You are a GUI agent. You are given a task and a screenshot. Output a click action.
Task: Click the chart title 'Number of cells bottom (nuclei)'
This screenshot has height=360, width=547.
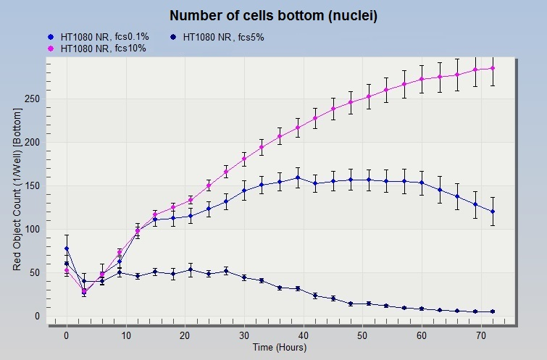pos(273,15)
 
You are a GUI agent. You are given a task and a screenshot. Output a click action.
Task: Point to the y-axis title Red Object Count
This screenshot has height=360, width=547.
pos(17,190)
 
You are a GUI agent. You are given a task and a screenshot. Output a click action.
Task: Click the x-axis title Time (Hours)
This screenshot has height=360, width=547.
pos(279,348)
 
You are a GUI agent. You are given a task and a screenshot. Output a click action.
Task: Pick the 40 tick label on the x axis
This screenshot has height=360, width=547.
pos(304,336)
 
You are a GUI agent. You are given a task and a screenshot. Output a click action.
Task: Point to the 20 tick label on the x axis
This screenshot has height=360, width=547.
pos(185,336)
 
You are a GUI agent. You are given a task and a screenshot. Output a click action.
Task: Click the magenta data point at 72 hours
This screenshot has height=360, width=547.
pos(493,68)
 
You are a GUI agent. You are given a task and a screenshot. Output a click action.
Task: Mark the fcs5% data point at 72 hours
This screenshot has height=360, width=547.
pos(493,212)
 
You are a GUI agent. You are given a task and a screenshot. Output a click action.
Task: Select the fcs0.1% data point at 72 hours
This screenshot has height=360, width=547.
pos(493,311)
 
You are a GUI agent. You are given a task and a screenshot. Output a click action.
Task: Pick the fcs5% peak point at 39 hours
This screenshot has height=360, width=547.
pos(298,177)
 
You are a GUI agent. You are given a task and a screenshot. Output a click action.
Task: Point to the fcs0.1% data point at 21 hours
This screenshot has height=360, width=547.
pos(191,269)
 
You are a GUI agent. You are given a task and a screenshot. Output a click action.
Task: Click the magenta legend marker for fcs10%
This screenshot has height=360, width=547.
pos(50,49)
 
